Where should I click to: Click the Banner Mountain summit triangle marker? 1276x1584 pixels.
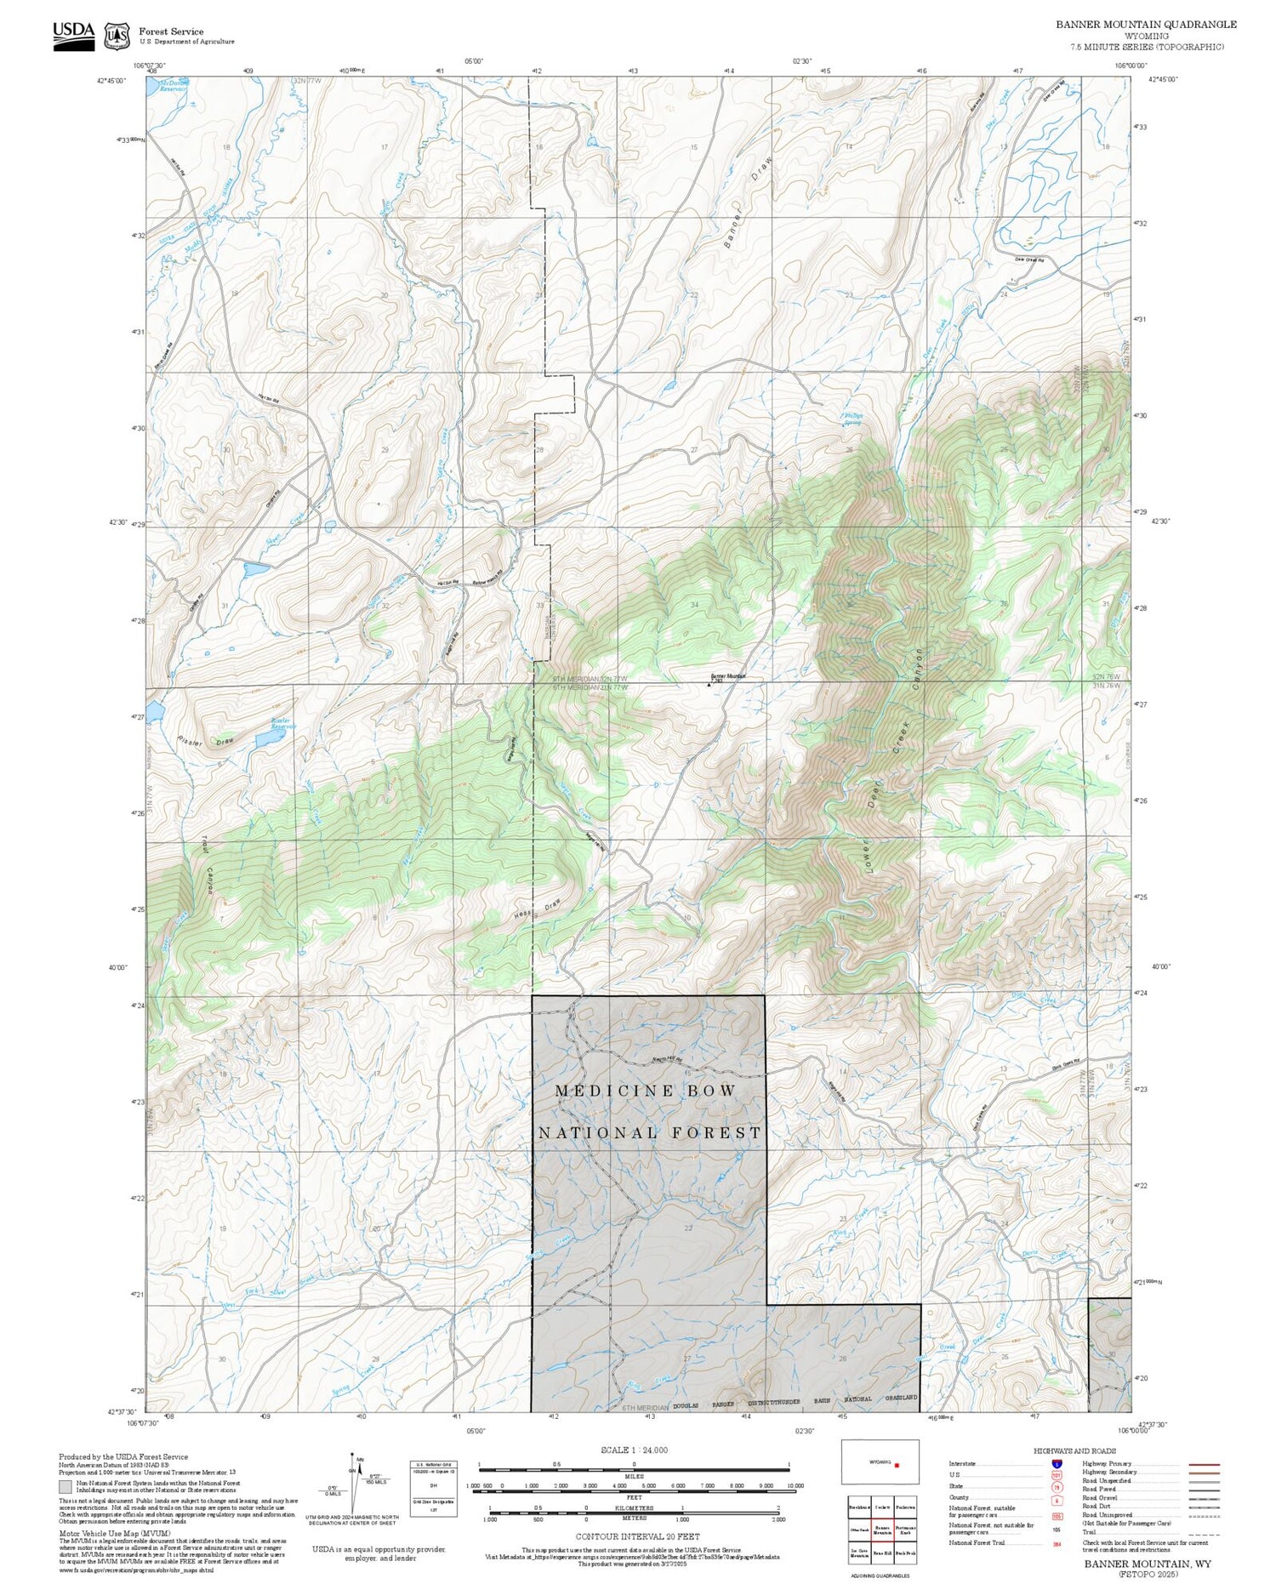709,684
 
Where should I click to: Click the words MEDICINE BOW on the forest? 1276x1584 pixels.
646,1091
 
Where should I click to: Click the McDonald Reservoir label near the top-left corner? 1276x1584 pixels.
174,85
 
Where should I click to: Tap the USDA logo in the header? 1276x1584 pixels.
74,35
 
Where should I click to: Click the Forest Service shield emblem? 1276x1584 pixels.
117,37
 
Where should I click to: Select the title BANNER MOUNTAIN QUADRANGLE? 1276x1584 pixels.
1146,25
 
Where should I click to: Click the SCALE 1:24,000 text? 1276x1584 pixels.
634,1450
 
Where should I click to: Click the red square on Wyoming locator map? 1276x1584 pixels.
897,1465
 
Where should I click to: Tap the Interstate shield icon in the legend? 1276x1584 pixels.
1057,1464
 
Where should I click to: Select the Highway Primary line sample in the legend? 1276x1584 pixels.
1199,1466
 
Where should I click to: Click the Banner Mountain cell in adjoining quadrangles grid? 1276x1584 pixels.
882,1530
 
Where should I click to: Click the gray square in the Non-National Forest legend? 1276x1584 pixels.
66,1487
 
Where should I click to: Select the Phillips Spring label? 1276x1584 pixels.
852,419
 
